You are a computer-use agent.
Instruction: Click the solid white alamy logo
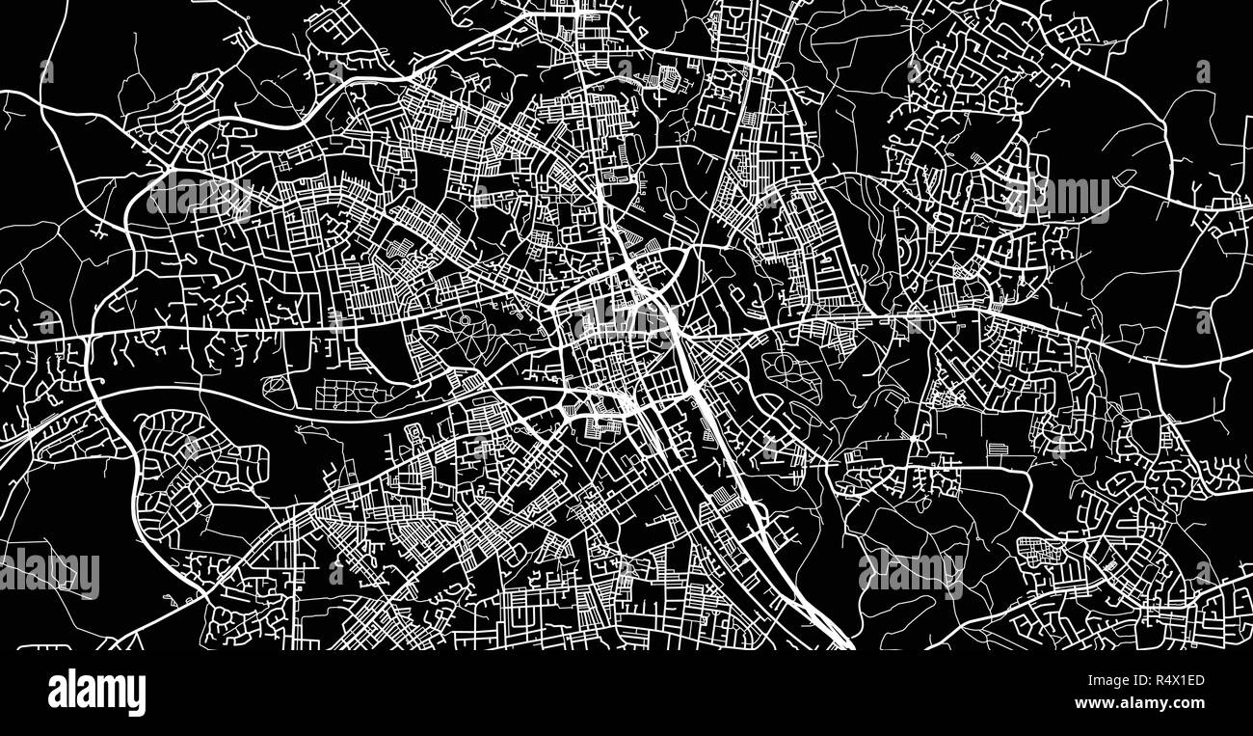coord(96,693)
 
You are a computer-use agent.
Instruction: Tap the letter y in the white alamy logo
coord(137,696)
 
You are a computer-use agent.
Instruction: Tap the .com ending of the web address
coord(1187,703)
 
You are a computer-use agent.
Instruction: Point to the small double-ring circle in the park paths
coord(464,319)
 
